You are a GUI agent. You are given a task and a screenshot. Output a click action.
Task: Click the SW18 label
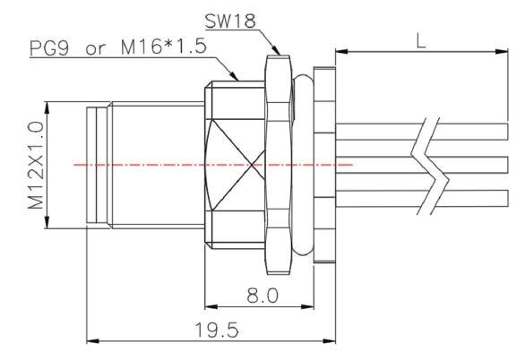(230, 21)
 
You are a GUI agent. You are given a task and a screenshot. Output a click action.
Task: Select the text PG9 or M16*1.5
(118, 47)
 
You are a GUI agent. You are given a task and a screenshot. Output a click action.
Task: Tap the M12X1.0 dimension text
(36, 166)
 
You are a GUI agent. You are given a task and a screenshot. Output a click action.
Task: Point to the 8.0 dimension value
(262, 296)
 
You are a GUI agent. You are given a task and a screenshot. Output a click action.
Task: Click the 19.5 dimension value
(217, 330)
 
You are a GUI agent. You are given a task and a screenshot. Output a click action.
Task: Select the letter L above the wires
(421, 41)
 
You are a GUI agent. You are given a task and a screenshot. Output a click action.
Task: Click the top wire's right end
(508, 132)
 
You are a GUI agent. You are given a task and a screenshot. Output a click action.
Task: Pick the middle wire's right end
(508, 165)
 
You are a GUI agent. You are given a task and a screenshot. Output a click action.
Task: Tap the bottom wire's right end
(508, 198)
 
